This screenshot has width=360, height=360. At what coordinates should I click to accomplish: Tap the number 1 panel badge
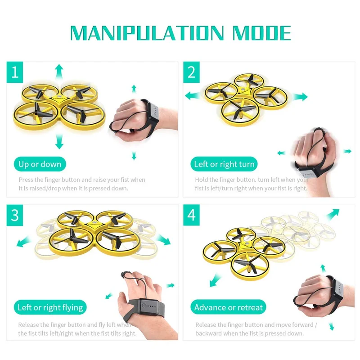coord(15,72)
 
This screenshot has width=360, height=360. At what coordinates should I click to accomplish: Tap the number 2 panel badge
coord(192,72)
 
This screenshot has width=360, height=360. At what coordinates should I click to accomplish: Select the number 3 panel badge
coord(15,215)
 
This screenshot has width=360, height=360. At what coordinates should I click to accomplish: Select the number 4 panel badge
coord(192,215)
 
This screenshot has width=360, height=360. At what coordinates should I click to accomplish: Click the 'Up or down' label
coord(40,164)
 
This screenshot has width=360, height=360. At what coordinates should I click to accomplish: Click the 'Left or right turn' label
coord(224,164)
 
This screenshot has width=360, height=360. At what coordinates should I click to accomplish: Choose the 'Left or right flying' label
coord(50,308)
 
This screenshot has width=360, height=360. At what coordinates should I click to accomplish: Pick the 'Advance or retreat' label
coord(228,308)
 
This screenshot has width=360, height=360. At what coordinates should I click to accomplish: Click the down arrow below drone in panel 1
coord(58,142)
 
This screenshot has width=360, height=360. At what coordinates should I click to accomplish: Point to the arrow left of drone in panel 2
coord(192,95)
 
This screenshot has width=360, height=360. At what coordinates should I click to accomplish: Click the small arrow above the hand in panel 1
coord(134,87)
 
